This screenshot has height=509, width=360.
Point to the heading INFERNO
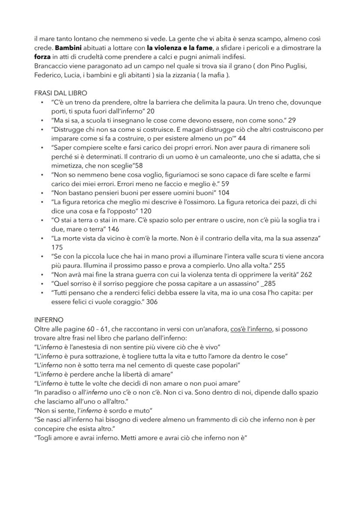pos(49,319)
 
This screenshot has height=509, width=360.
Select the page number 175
pos(57,247)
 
